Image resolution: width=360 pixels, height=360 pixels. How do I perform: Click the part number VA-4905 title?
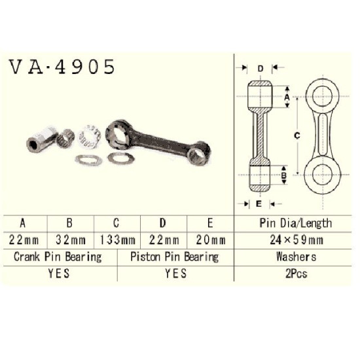pyautogui.click(x=62, y=67)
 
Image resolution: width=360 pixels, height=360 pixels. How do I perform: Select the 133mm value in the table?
pyautogui.click(x=117, y=240)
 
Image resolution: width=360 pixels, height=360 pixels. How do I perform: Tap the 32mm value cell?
pyautogui.click(x=71, y=240)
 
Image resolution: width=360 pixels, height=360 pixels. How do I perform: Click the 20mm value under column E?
pyautogui.click(x=211, y=240)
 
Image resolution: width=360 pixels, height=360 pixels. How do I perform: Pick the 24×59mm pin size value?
pyautogui.click(x=297, y=240)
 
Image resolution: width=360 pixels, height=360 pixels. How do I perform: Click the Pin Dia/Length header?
pyautogui.click(x=296, y=223)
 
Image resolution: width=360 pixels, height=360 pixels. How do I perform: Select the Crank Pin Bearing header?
pyautogui.click(x=58, y=257)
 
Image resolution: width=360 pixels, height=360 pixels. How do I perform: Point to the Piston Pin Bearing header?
pyautogui.click(x=175, y=257)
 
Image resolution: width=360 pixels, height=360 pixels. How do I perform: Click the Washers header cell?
pyautogui.click(x=296, y=257)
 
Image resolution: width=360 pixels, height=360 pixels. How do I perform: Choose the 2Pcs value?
pyautogui.click(x=296, y=274)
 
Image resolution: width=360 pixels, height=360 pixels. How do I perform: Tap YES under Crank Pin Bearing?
pyautogui.click(x=59, y=274)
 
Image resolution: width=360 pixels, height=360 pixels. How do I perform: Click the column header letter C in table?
pyautogui.click(x=116, y=223)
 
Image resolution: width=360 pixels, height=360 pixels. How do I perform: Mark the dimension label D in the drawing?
pyautogui.click(x=260, y=69)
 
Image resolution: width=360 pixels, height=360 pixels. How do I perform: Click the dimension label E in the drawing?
pyautogui.click(x=259, y=204)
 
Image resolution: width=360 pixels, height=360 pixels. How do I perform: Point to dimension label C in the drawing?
pyautogui.click(x=297, y=136)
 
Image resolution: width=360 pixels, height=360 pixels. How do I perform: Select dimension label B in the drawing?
pyautogui.click(x=284, y=175)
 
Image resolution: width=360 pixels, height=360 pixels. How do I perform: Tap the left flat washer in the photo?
pyautogui.click(x=88, y=160)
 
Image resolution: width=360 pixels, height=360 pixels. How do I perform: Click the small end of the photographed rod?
pyautogui.click(x=198, y=154)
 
